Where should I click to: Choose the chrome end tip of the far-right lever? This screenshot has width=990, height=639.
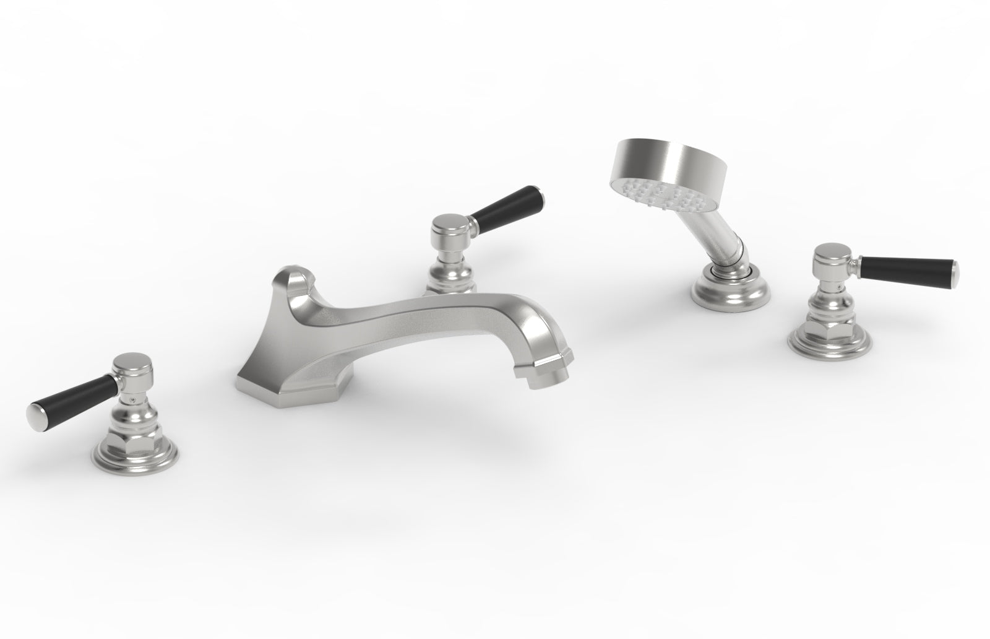click(x=954, y=269)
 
